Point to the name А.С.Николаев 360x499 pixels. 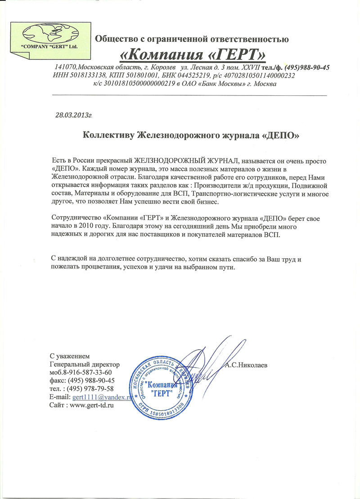247,364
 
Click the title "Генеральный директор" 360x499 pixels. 85,364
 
